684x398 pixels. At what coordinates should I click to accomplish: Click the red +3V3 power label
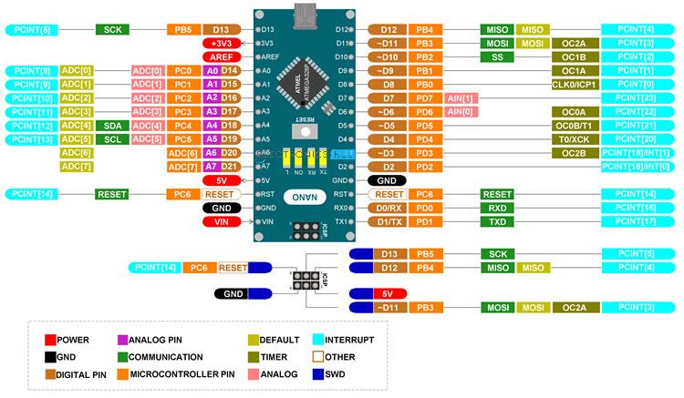pyautogui.click(x=221, y=43)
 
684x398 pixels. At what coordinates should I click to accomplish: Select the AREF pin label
pyautogui.click(x=221, y=56)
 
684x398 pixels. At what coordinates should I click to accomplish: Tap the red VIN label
pyautogui.click(x=221, y=221)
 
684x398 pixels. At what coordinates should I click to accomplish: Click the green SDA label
pyautogui.click(x=112, y=125)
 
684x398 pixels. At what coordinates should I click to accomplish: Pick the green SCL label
pyautogui.click(x=112, y=139)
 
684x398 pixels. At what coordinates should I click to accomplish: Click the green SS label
pyautogui.click(x=497, y=56)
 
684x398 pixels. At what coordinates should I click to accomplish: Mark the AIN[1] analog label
pyautogui.click(x=461, y=97)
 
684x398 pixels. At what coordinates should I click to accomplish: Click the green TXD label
pyautogui.click(x=497, y=221)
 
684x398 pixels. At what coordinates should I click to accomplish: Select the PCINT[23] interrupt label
pyautogui.click(x=636, y=97)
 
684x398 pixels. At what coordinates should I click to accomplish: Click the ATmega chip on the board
pyautogui.click(x=303, y=79)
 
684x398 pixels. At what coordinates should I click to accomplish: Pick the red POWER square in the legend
pyautogui.click(x=50, y=339)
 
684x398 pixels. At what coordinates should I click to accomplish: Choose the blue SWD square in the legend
pyautogui.click(x=317, y=373)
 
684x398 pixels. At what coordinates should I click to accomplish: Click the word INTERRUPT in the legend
pyautogui.click(x=356, y=339)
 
